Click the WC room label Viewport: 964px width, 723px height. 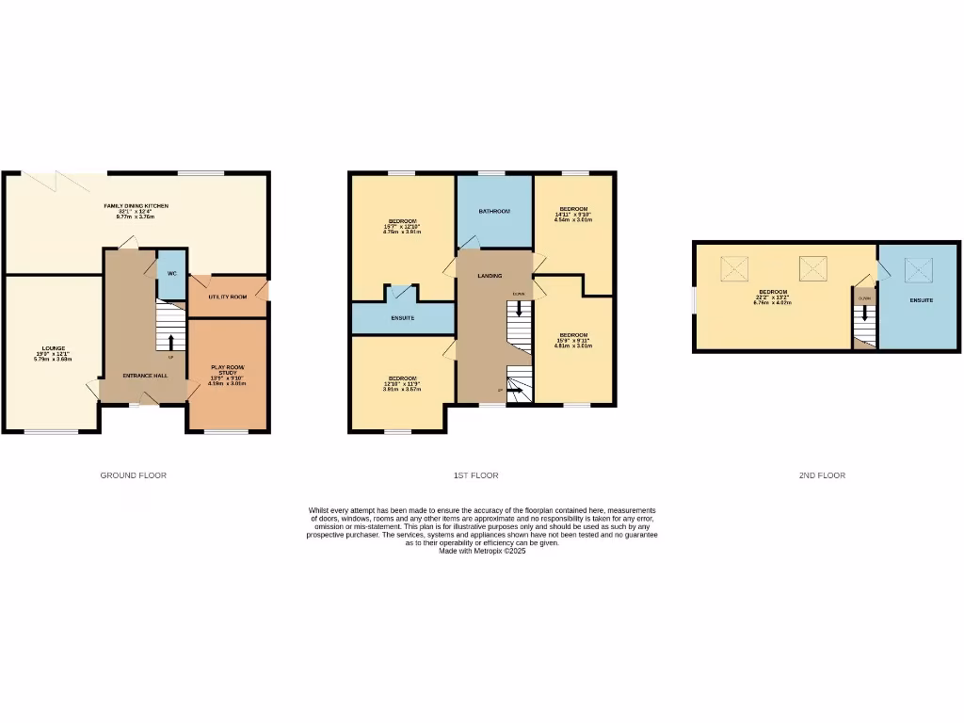click(x=171, y=273)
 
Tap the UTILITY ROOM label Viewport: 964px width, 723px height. click(x=227, y=297)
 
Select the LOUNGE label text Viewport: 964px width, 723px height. click(x=53, y=348)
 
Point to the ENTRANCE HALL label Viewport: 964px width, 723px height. click(x=145, y=376)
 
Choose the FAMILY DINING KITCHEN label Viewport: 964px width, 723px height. click(x=136, y=205)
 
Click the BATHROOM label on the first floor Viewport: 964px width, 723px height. click(x=494, y=212)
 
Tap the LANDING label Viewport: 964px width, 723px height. click(x=490, y=276)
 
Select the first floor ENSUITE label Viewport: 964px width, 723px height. click(x=403, y=318)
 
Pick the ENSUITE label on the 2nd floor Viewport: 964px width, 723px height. click(x=921, y=300)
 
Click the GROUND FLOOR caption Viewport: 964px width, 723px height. click(x=134, y=475)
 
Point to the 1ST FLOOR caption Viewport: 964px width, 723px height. click(x=476, y=475)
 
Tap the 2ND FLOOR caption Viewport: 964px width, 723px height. click(x=822, y=475)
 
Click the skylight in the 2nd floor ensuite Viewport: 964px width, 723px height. click(x=918, y=270)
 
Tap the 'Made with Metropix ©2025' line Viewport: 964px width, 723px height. click(x=482, y=551)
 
